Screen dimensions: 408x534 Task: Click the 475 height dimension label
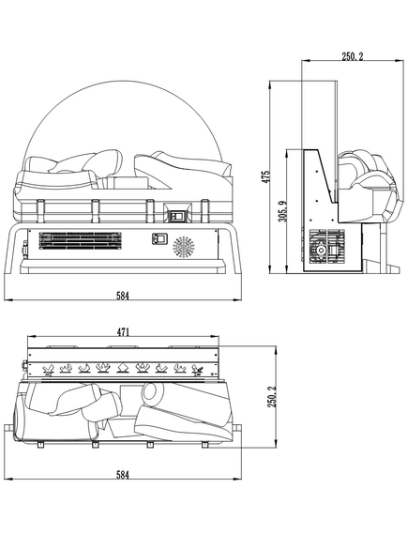267,176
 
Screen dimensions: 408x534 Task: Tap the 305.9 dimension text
284,211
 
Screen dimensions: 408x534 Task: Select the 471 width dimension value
123,331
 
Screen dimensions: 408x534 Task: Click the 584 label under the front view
123,296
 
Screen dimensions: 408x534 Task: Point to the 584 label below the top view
123,475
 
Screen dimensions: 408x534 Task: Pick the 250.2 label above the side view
353,56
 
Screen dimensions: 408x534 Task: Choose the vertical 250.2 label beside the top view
272,396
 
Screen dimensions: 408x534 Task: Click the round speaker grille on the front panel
184,247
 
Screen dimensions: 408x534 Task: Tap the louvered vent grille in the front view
81,240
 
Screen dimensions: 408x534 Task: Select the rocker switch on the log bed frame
177,215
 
